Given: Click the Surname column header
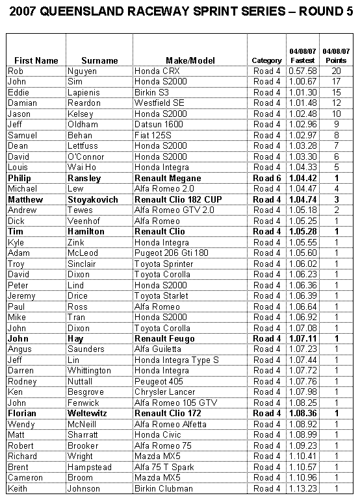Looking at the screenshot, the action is click(100, 60).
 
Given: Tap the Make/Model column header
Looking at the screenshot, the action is click(190, 60).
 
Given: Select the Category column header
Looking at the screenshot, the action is click(266, 60).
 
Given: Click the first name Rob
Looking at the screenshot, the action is click(16, 71).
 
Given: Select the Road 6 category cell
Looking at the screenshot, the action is click(266, 178).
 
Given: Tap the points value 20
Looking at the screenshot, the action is click(336, 71).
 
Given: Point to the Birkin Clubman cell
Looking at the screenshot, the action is click(163, 488).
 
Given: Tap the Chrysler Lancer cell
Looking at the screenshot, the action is click(164, 392).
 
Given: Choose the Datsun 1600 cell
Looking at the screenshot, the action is click(158, 125).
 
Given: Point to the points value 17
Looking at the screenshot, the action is click(336, 82).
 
